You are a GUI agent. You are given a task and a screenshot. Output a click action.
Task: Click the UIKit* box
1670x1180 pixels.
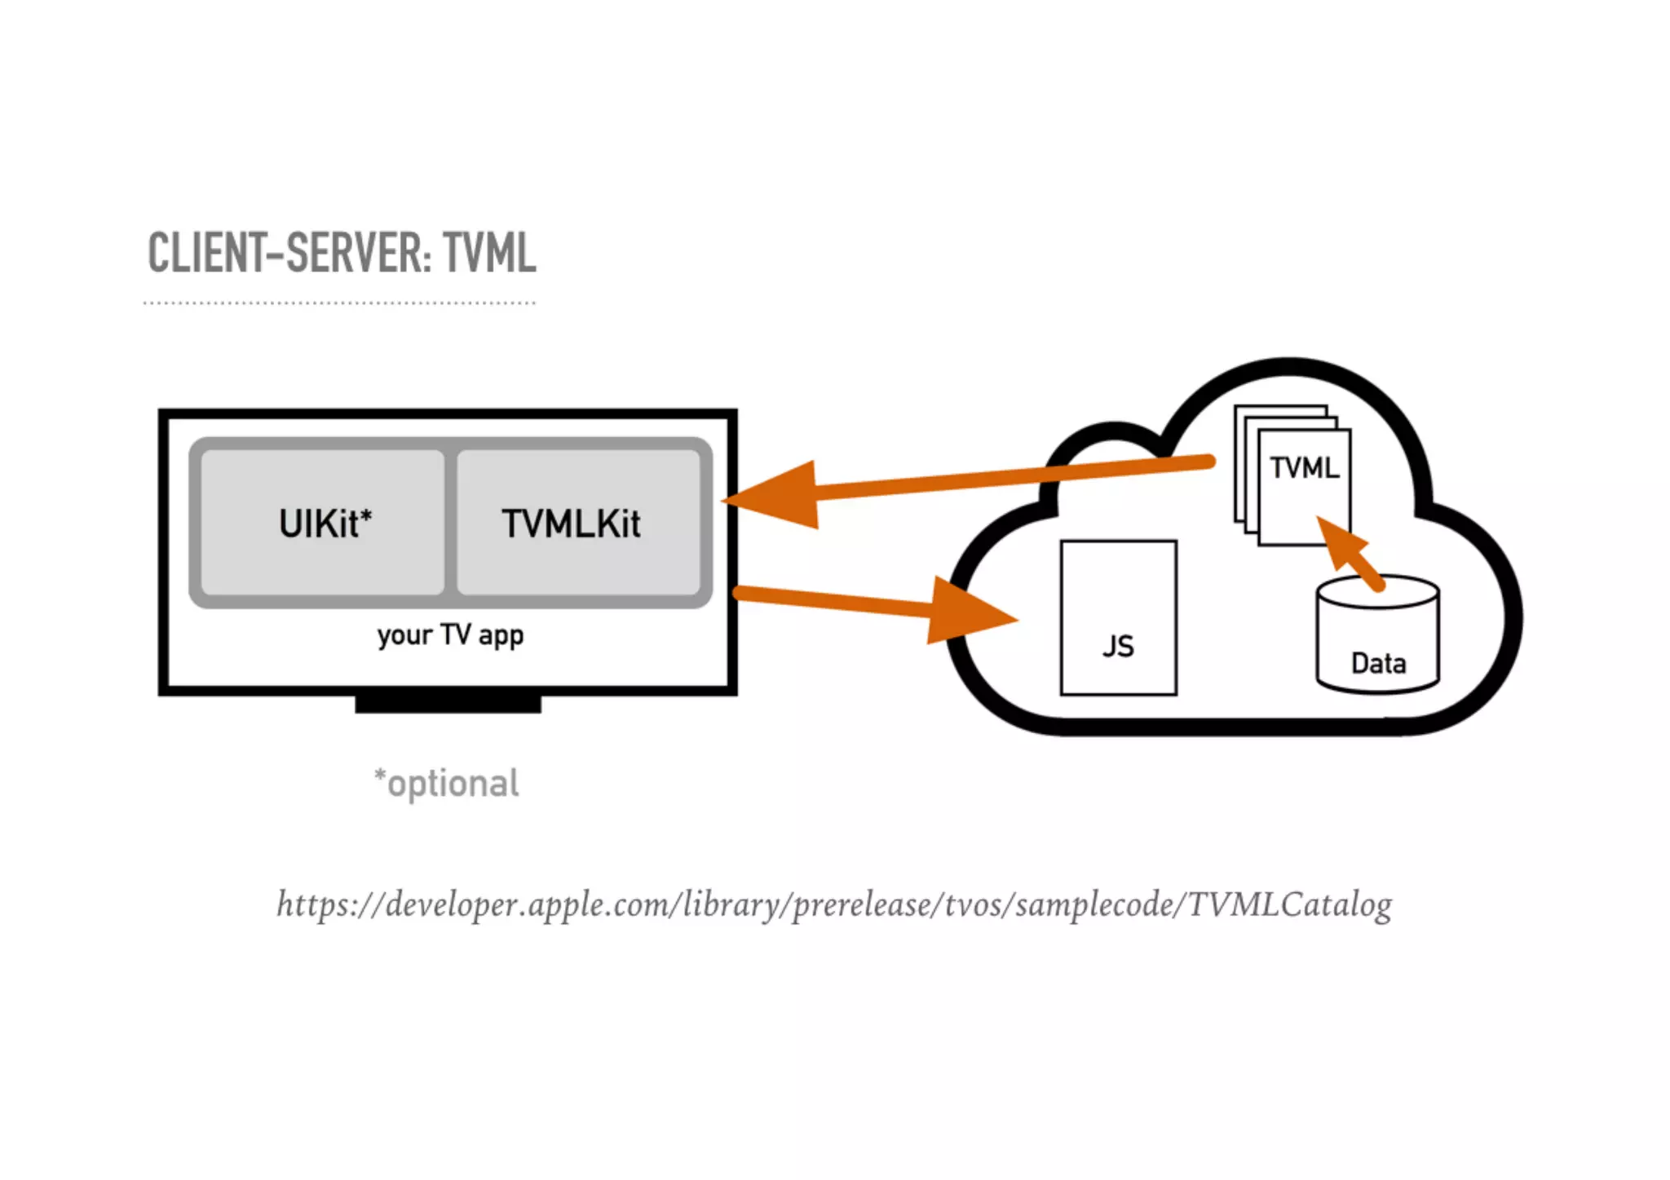click(323, 523)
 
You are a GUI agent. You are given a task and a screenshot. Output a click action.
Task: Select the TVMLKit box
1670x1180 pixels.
click(578, 523)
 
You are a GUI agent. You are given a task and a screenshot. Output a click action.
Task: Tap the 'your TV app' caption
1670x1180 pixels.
click(450, 635)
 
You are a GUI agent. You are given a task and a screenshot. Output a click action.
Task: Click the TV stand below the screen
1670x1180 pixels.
click(448, 704)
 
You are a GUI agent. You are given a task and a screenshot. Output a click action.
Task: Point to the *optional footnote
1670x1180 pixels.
click(446, 784)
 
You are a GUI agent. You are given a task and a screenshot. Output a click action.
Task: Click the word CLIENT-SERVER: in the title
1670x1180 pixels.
click(289, 254)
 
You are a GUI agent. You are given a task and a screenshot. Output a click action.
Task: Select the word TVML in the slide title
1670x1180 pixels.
click(490, 254)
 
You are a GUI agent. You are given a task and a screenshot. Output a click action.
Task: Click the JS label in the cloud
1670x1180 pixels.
click(1118, 647)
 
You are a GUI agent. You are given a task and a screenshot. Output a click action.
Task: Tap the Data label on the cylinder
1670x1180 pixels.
click(1378, 663)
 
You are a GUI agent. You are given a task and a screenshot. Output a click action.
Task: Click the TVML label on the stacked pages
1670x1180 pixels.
click(1304, 468)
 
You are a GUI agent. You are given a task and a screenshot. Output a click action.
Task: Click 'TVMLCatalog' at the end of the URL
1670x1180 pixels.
click(1289, 904)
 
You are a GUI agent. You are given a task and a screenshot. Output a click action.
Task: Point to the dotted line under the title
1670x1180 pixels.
click(339, 303)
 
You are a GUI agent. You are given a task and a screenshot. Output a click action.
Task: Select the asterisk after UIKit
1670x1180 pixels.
click(366, 515)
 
